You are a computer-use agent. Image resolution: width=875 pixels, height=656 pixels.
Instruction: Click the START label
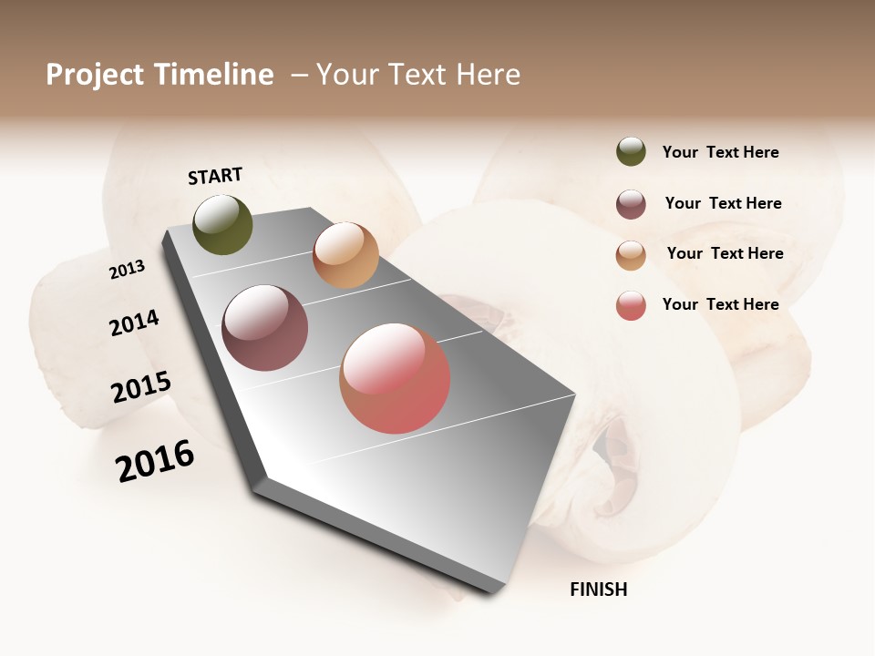pos(215,176)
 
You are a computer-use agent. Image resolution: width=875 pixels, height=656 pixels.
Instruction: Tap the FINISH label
pos(598,589)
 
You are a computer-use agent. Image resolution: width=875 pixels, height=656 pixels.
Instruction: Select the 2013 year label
pos(127,270)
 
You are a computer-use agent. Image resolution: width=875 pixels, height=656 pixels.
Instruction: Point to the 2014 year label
pos(134,323)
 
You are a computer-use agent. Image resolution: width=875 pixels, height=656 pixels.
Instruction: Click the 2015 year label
pos(141,387)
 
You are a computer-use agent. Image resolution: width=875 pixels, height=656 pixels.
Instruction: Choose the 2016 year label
pos(155,460)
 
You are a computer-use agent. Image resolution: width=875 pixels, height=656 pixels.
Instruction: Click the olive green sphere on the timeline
pos(222,224)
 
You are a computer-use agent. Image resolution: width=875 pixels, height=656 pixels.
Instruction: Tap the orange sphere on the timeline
pos(345,254)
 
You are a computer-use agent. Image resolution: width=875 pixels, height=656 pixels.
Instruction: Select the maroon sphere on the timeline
pos(264,328)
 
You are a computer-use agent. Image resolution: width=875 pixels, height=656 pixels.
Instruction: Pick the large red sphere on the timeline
pos(395,378)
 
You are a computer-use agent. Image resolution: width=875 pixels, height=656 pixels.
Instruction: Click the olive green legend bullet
pos(631,152)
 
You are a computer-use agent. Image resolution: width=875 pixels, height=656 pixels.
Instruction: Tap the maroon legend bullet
pos(631,204)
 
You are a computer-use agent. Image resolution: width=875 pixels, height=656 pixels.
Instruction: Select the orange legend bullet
pos(631,255)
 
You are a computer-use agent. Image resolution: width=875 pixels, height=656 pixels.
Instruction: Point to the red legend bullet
pos(631,305)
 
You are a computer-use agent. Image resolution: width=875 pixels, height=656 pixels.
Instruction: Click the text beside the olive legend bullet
pos(720,152)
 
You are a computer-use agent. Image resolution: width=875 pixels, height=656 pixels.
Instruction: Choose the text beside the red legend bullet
pos(720,304)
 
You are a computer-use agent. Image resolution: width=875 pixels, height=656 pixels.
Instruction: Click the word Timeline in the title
pos(214,75)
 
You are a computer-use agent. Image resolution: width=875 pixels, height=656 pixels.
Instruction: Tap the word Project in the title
pos(96,75)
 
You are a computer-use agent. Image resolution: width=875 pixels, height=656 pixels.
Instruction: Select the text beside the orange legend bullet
pos(725,253)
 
